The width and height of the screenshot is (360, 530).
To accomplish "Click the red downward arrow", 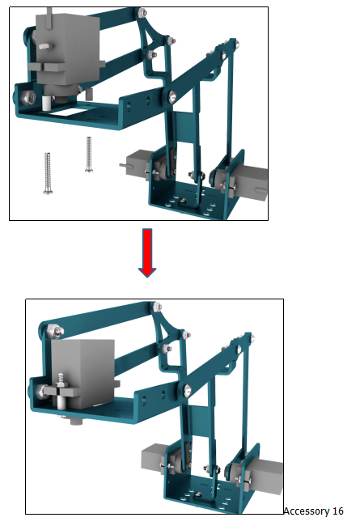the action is click(x=147, y=252).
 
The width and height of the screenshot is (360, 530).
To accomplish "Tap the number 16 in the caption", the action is click(x=337, y=511).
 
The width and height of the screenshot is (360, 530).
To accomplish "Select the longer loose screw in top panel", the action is click(x=48, y=173).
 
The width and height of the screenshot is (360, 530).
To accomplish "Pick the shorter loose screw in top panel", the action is click(x=89, y=154).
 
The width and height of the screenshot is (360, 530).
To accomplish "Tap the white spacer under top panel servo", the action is click(x=46, y=102).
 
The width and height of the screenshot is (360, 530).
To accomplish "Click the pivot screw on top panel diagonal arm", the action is click(x=172, y=96).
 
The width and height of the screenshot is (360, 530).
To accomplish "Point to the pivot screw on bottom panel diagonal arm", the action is click(x=187, y=390).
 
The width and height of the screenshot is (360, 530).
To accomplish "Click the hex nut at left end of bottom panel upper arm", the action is click(x=54, y=331).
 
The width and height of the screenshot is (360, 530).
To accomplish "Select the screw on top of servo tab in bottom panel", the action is click(x=61, y=380).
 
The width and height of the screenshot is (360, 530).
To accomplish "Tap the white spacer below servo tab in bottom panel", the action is click(x=61, y=401).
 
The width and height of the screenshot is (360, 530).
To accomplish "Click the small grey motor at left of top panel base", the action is click(x=134, y=164).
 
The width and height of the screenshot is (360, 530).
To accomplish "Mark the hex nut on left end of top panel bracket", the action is click(x=28, y=98).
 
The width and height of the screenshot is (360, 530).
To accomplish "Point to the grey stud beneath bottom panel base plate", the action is click(x=76, y=421).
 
